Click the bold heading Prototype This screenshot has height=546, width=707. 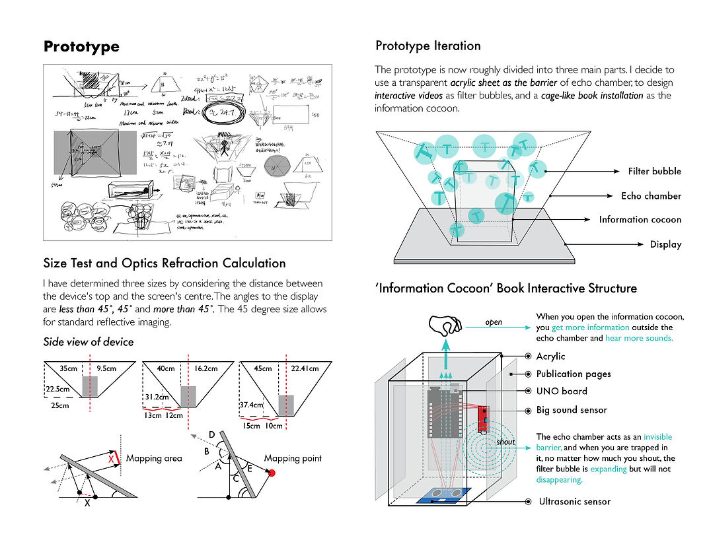[x=81, y=47]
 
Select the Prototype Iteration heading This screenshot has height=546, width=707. [x=428, y=46]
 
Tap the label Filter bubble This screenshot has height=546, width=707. [x=654, y=172]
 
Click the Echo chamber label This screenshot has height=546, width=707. [x=651, y=196]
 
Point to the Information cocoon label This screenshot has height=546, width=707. [x=640, y=220]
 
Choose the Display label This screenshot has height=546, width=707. [x=665, y=244]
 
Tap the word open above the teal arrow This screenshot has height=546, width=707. [x=494, y=323]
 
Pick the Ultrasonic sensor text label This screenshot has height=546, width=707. [x=574, y=502]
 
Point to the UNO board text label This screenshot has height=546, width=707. [x=562, y=392]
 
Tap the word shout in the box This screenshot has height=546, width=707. [x=505, y=442]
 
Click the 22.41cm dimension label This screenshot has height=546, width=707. [x=305, y=369]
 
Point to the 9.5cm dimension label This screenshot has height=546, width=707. [x=107, y=369]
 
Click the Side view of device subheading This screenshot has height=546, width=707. [x=88, y=342]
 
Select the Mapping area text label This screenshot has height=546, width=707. [x=154, y=458]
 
